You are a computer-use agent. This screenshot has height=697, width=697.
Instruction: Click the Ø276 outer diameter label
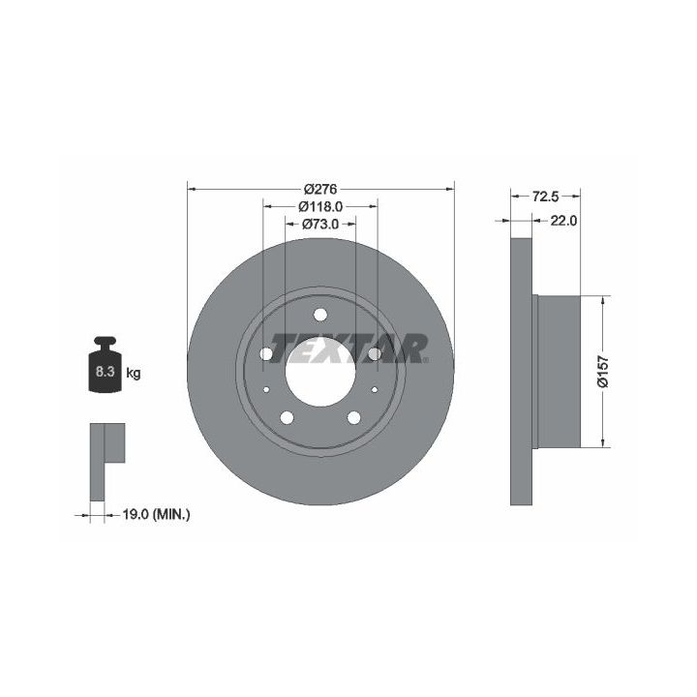point(320,189)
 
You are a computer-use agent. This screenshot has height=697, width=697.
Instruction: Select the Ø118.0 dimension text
point(320,207)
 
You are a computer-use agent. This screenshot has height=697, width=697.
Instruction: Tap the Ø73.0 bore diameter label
point(320,224)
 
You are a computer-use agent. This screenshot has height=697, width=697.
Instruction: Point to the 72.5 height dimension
point(546,196)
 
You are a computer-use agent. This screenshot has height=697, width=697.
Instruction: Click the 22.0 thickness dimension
point(563,221)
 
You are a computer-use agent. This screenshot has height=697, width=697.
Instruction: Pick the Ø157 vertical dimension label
point(603,371)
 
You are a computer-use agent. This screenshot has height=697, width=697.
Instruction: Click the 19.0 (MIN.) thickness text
point(156,515)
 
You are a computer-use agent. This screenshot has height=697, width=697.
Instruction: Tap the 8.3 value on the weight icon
point(106,371)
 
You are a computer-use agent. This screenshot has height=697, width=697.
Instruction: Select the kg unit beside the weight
point(134,373)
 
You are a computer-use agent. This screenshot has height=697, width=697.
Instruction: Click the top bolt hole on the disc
point(320,315)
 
